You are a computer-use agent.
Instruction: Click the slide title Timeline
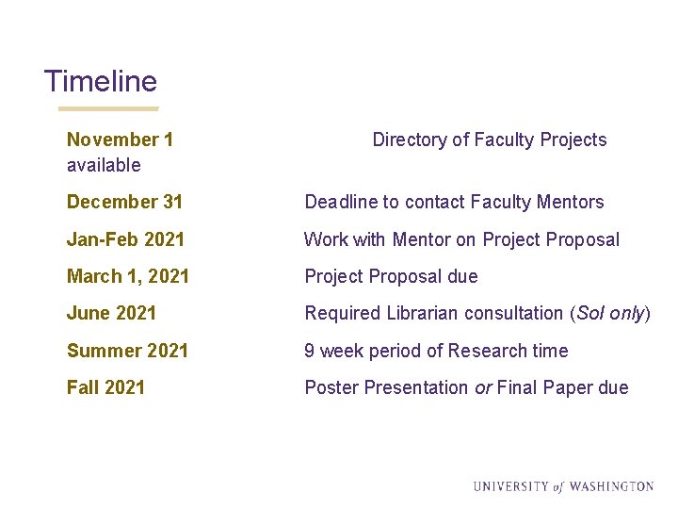[100, 81]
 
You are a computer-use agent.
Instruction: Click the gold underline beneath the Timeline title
[102, 108]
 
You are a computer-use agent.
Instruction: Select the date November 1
[120, 140]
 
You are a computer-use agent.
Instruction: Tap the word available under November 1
[104, 165]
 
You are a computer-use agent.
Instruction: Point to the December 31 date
[124, 202]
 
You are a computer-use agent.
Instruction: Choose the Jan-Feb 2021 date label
[125, 239]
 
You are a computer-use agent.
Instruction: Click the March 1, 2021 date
[127, 276]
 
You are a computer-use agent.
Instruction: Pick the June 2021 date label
[111, 313]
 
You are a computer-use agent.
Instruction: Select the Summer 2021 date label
[127, 351]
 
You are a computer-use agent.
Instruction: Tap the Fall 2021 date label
[105, 387]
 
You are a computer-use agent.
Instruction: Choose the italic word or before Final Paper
[482, 387]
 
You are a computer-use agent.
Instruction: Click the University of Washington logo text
[563, 486]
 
